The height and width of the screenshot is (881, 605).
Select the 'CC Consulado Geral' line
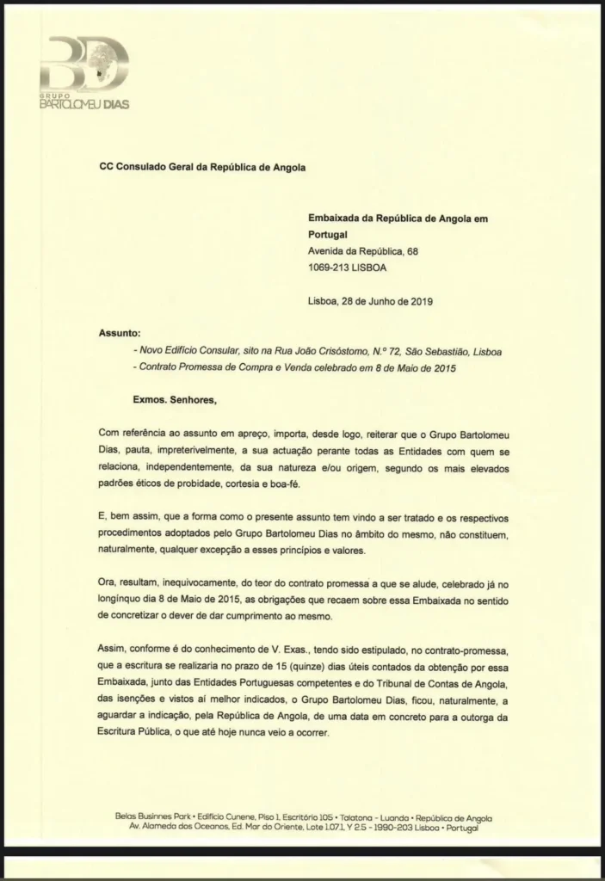203,168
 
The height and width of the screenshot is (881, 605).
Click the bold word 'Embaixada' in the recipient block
335,219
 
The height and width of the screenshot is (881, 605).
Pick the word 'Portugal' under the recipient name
330,235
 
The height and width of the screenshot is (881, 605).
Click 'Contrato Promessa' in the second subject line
181,368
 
